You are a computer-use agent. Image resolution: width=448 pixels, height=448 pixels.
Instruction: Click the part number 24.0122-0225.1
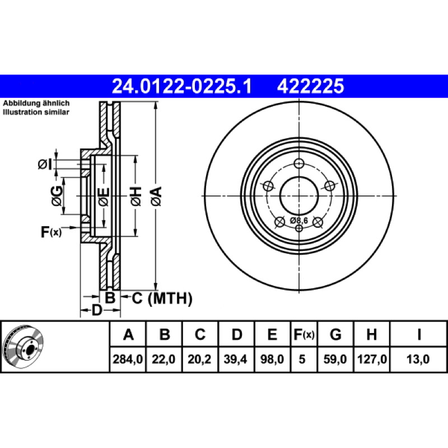click(181, 86)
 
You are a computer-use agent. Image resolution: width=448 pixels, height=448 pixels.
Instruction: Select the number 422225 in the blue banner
click(310, 86)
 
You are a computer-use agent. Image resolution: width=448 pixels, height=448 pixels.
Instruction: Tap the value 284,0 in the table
click(128, 359)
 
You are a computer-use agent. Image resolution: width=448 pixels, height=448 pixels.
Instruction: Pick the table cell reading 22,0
click(164, 359)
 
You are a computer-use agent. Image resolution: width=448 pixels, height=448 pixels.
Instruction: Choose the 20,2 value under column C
click(199, 359)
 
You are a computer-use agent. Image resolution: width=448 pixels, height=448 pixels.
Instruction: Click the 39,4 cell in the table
click(235, 359)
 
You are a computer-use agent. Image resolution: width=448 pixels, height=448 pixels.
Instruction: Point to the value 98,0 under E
click(272, 359)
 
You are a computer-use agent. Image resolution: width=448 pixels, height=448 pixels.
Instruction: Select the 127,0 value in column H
click(372, 359)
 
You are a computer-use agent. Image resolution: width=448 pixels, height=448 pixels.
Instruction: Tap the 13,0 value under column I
click(418, 359)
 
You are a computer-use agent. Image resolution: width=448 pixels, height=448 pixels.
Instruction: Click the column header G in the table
click(335, 334)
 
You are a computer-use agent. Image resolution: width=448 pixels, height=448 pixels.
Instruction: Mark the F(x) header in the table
click(304, 334)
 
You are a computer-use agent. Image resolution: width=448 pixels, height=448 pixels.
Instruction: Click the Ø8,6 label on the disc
click(299, 221)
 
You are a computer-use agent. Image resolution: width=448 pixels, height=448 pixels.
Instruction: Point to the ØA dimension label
click(156, 197)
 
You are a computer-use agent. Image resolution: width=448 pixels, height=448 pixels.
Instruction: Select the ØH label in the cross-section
click(136, 197)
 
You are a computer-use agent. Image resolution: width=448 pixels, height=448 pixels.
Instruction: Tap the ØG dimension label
click(57, 195)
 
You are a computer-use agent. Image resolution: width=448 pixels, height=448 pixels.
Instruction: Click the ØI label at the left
click(45, 164)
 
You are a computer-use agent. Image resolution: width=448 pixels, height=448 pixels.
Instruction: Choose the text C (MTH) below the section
click(162, 298)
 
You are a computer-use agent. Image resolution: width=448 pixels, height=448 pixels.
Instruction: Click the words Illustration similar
click(36, 112)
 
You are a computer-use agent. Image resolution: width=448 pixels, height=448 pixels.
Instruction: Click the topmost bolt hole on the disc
click(299, 164)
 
